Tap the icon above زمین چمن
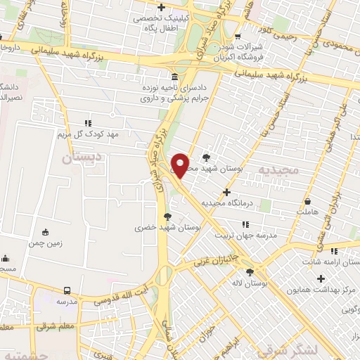click(x=46, y=233)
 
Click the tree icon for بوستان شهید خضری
click(x=167, y=217)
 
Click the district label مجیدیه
click(x=299, y=170)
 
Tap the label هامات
click(x=308, y=210)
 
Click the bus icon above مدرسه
click(x=67, y=290)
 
